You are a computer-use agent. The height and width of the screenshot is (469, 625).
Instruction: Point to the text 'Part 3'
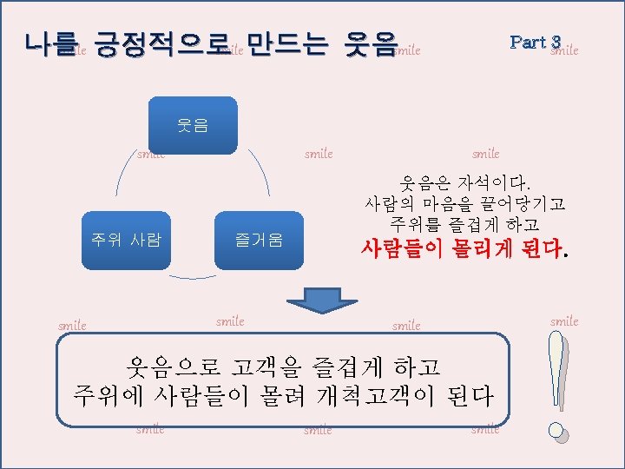(x=536, y=42)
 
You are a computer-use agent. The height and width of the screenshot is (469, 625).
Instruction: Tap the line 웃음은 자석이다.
(x=465, y=183)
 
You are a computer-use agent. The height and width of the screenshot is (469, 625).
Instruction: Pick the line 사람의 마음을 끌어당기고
(x=465, y=205)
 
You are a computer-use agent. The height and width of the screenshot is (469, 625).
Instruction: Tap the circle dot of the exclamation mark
(x=556, y=430)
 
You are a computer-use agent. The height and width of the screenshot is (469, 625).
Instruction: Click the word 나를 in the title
(x=52, y=43)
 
